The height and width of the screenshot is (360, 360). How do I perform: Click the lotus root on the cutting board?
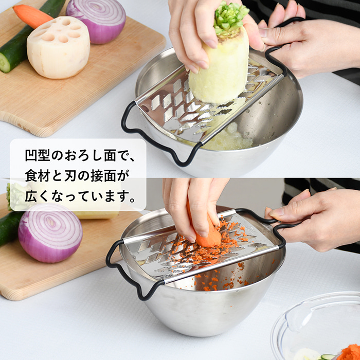(58, 47)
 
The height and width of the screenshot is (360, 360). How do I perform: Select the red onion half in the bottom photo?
(50, 233)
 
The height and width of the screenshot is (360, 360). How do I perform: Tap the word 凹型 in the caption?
(38, 155)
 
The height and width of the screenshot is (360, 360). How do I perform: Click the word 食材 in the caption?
(38, 176)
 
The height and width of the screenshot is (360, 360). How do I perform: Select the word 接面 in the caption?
(103, 176)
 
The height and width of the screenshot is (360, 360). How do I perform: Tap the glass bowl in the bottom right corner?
(317, 326)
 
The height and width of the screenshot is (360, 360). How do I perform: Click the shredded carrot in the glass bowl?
(349, 353)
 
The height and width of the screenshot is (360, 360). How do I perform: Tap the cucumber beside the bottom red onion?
(9, 227)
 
